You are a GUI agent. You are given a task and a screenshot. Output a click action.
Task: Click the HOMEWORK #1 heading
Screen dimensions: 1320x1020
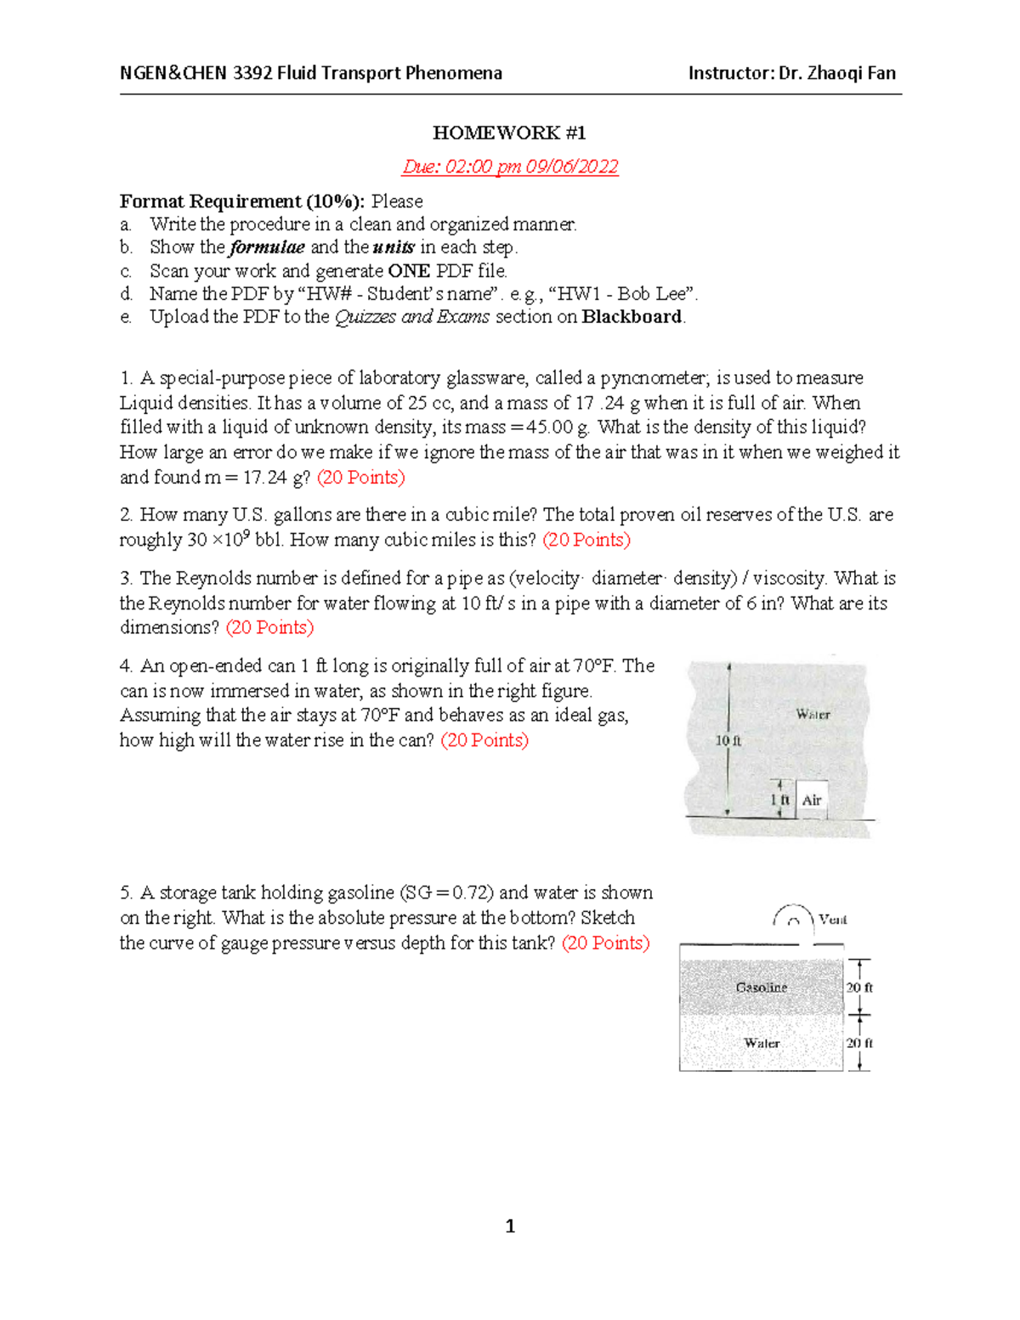pyautogui.click(x=509, y=133)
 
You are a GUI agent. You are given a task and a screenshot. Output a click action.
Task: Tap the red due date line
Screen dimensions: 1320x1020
pyautogui.click(x=510, y=167)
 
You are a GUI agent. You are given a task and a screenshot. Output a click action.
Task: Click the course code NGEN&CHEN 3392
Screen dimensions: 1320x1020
pyautogui.click(x=196, y=73)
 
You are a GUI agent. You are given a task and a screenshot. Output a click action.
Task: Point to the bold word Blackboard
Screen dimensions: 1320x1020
pyautogui.click(x=632, y=317)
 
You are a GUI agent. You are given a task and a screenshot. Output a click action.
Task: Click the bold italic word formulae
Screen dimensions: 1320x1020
pyautogui.click(x=267, y=247)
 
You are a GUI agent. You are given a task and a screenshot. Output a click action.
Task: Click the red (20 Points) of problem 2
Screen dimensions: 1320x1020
pyautogui.click(x=586, y=540)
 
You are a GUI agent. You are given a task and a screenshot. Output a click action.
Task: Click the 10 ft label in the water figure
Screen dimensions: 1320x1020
pyautogui.click(x=728, y=740)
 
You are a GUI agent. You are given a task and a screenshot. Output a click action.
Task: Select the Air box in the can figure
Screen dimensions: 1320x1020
pyautogui.click(x=812, y=800)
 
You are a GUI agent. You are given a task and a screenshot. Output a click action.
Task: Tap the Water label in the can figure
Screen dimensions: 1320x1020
pyautogui.click(x=813, y=714)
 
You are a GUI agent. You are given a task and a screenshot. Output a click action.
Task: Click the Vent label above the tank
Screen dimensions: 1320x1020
pyautogui.click(x=832, y=919)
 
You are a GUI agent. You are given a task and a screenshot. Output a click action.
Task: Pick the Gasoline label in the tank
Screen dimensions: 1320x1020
pyautogui.click(x=761, y=987)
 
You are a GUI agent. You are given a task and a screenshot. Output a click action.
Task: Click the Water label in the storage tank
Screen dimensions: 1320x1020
pyautogui.click(x=762, y=1043)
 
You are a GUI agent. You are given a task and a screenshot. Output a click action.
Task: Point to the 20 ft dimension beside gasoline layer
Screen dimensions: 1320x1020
pyautogui.click(x=859, y=987)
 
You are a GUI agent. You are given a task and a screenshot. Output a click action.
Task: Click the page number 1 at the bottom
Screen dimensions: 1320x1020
pyautogui.click(x=510, y=1226)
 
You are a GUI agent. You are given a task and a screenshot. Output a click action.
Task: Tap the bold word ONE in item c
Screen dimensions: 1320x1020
pyautogui.click(x=408, y=271)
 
